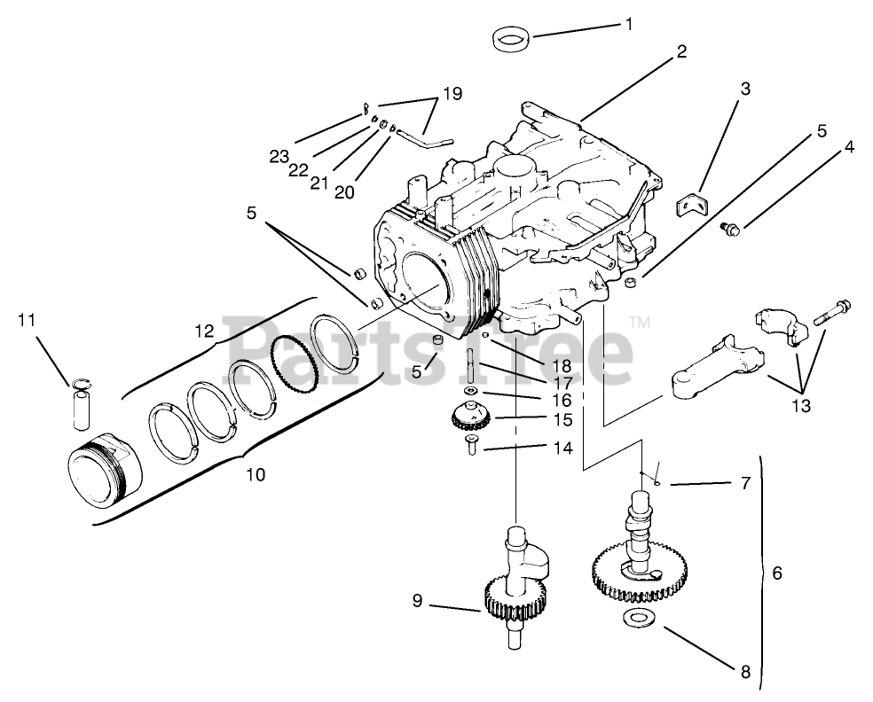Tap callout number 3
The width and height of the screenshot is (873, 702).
point(745,89)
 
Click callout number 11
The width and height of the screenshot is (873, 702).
point(27,319)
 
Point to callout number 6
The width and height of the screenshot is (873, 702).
point(777,573)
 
